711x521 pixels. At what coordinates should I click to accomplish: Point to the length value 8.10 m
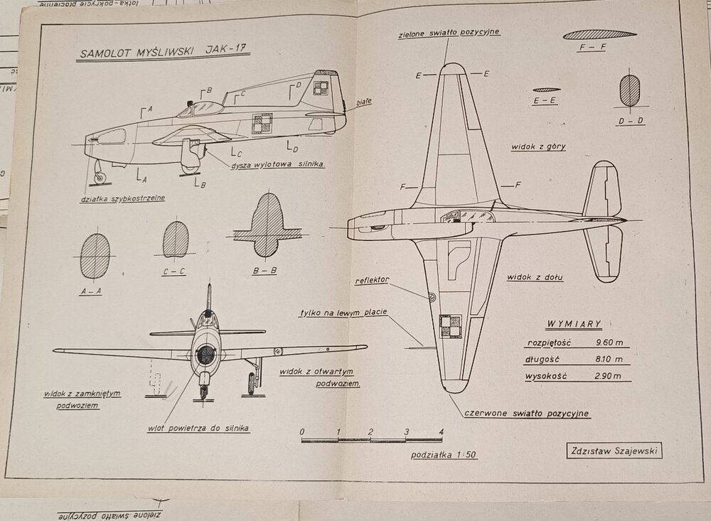tap(609, 359)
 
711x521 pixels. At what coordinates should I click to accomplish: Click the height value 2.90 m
tap(609, 376)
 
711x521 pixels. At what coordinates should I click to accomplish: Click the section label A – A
tap(95, 291)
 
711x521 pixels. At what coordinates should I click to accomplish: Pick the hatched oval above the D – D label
tap(630, 91)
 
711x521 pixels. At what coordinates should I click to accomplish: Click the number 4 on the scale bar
tap(441, 431)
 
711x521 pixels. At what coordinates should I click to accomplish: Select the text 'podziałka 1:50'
tap(443, 455)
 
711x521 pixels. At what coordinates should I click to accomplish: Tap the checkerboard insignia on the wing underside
tap(450, 326)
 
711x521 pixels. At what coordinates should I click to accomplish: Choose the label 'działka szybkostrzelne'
tap(122, 198)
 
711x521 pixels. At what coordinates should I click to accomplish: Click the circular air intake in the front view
tap(205, 353)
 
